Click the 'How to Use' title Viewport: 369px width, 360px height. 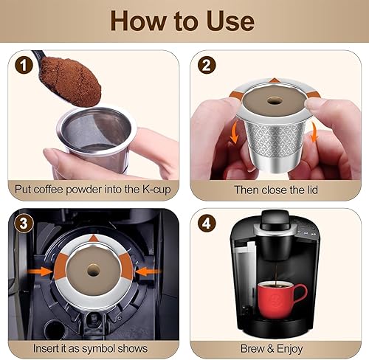(184, 20)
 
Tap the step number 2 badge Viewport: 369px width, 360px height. (207, 64)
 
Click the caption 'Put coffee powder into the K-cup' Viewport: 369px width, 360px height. (93, 189)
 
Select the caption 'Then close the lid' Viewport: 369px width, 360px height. (276, 189)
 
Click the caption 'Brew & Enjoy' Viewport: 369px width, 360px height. (276, 347)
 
